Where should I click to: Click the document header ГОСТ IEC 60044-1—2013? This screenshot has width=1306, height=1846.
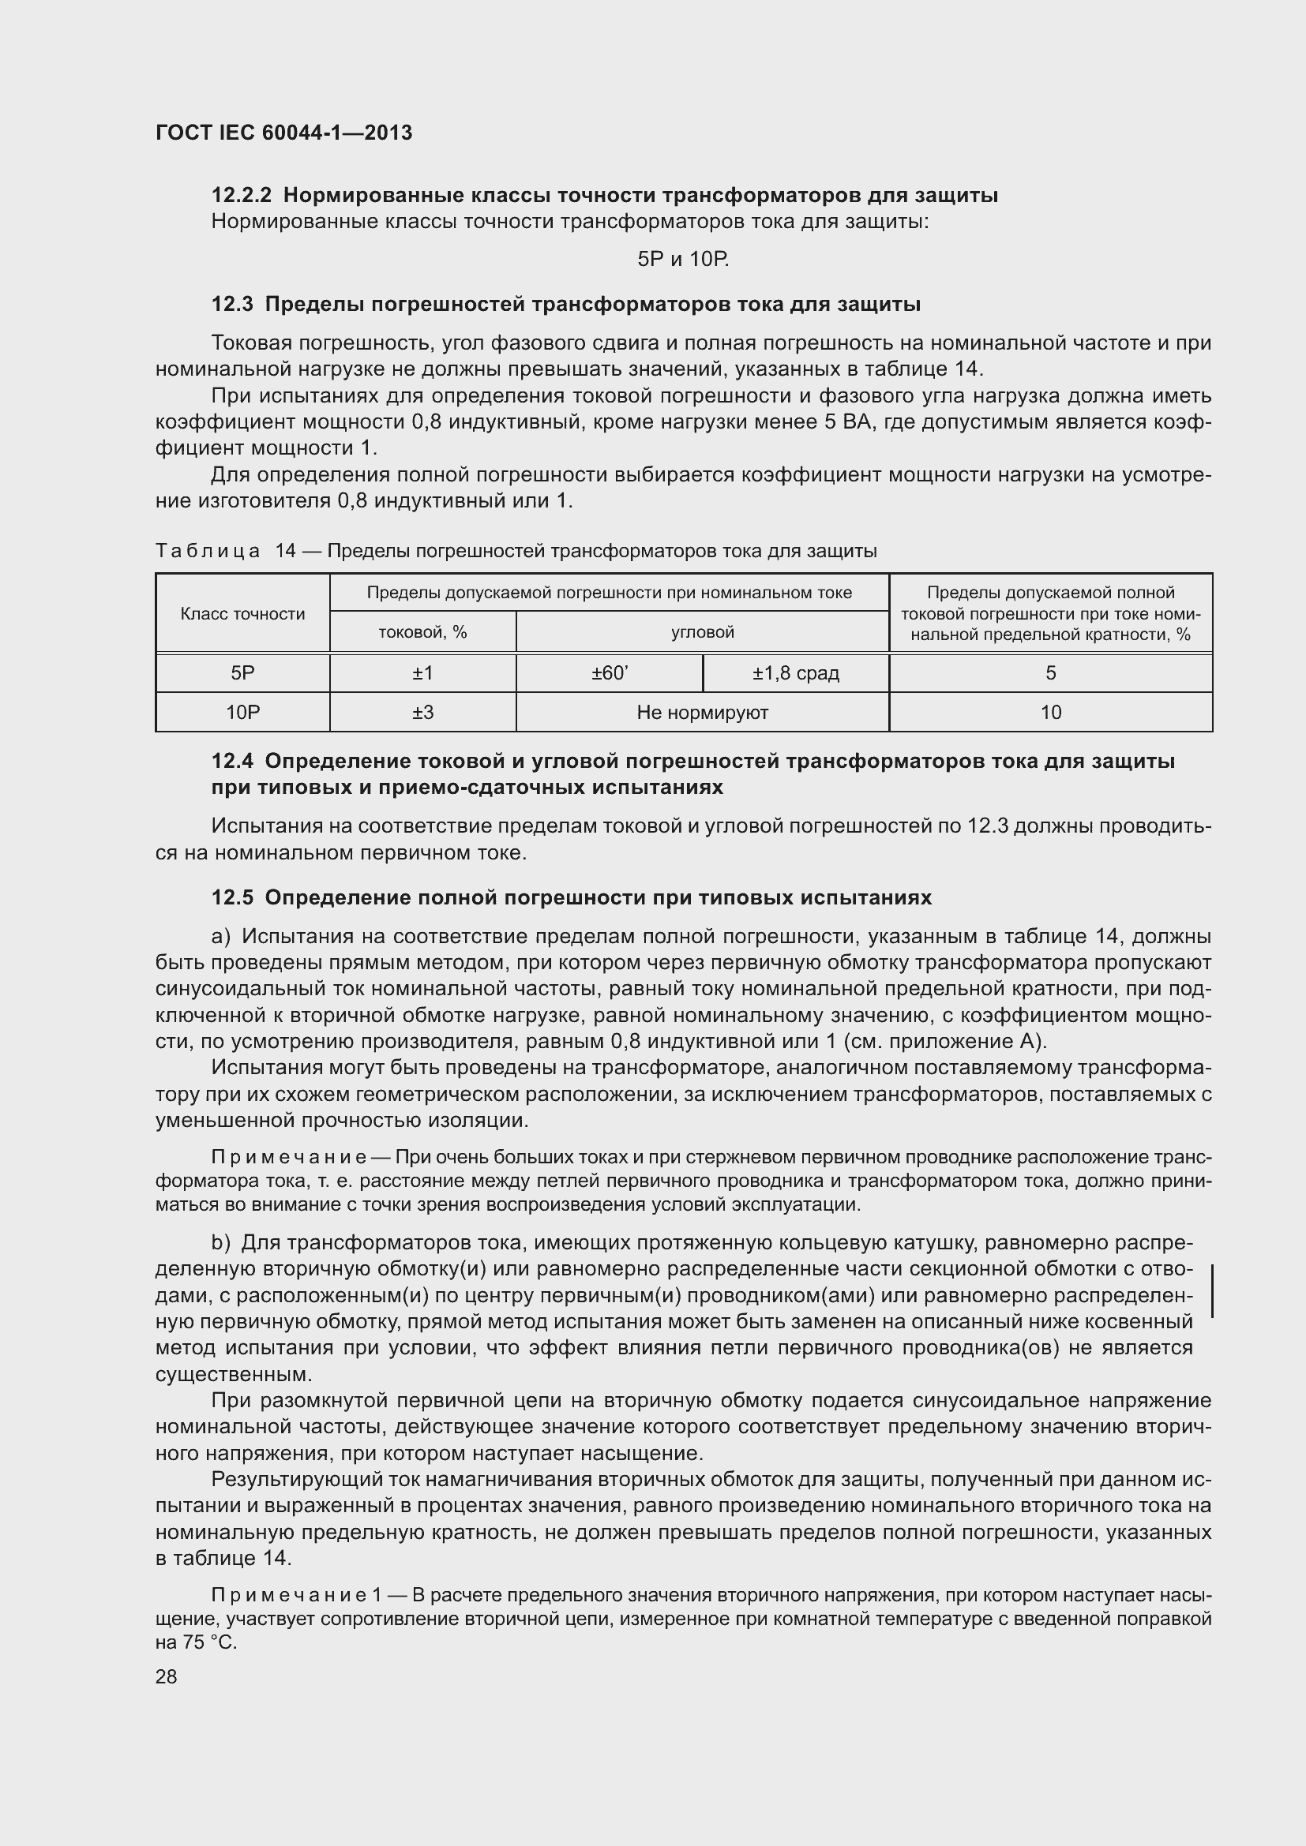coord(283,133)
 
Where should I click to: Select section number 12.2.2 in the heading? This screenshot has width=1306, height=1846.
coord(242,196)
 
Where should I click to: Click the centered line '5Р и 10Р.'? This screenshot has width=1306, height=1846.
coord(683,259)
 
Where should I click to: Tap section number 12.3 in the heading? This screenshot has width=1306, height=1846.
coord(232,305)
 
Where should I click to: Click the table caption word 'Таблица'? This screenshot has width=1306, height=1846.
coord(208,552)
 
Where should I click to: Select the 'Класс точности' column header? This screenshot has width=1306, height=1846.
coord(242,614)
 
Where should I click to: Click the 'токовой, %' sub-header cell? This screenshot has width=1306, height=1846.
coord(422,633)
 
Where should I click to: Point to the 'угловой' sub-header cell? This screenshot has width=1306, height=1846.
coord(702,633)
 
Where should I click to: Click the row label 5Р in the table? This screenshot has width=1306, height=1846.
coord(242,674)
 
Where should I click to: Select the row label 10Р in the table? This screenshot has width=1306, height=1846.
coord(242,713)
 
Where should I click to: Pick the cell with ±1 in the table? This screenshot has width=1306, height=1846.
coord(422,674)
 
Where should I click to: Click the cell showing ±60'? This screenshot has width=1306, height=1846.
coord(609,674)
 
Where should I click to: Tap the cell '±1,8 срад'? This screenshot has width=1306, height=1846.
coord(795,674)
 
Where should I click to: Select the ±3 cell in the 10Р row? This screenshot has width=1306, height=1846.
coord(422,713)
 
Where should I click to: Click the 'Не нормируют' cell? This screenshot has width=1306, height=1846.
coord(702,713)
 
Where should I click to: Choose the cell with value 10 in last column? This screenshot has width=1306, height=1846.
coord(1050,713)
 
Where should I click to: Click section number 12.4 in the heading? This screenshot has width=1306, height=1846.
coord(232,762)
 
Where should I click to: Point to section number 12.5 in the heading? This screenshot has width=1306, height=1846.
coord(232,898)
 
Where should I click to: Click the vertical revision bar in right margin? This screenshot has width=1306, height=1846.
coord(1211,1290)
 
